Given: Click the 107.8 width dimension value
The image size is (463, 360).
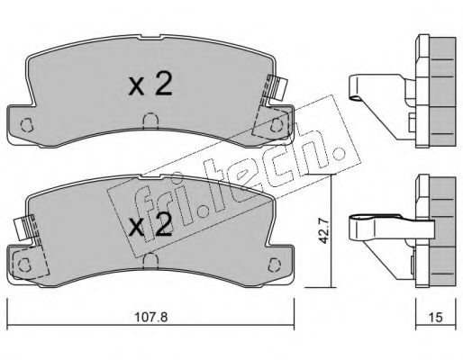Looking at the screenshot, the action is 150,317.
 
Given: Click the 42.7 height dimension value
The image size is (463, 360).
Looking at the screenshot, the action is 323,231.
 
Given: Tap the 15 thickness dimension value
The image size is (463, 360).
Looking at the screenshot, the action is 436,317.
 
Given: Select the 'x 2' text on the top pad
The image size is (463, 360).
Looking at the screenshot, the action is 150,85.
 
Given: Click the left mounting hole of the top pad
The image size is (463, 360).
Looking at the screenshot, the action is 26,125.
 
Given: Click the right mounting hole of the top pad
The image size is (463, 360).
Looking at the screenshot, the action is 277,125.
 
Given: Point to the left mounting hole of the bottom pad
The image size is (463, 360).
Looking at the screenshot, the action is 24,265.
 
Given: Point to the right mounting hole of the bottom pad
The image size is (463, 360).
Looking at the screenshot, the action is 276,264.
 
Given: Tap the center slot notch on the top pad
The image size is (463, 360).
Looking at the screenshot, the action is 150,121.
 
